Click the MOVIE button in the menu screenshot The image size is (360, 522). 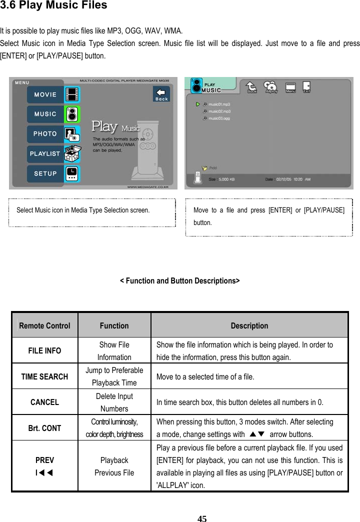coord(45,94)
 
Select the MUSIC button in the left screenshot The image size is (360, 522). coord(45,114)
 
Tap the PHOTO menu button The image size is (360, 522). coord(45,134)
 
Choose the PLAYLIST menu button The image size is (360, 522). coord(45,154)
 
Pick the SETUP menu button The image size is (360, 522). coord(45,173)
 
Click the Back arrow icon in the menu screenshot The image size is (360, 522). coord(161,94)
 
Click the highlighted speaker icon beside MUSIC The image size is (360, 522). coord(73,114)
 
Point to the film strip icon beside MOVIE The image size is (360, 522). coord(73,94)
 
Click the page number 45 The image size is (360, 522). coord(201,518)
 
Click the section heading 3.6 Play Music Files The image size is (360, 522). coord(53,6)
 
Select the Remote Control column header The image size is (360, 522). coord(44,326)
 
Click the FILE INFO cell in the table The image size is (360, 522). coord(44,350)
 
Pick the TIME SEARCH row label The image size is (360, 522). coord(44,376)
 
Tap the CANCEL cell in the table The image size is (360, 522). coord(44,402)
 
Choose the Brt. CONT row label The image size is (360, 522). coord(44,428)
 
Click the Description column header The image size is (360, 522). coord(249,326)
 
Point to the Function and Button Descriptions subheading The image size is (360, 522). coord(179,281)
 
